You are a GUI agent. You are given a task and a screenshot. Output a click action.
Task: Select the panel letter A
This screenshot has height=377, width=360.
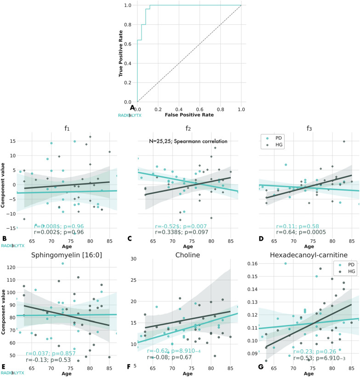pyautogui.click(x=132, y=108)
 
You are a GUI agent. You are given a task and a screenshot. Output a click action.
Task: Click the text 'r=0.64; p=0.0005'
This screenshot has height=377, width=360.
pyautogui.click(x=301, y=232)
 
